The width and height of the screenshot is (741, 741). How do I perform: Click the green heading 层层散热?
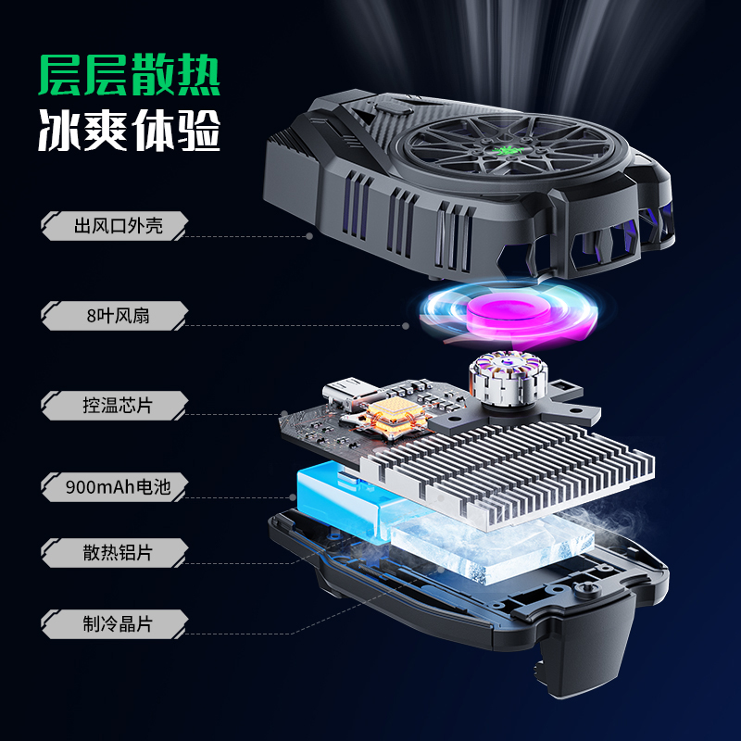(x=129, y=75)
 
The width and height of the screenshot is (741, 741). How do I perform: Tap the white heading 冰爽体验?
(x=129, y=131)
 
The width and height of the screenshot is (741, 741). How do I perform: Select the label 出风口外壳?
(x=119, y=226)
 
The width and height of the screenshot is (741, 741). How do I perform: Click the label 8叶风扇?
(x=119, y=316)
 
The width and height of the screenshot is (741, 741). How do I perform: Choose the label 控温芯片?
(x=118, y=406)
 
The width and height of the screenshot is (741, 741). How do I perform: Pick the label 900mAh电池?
(x=118, y=487)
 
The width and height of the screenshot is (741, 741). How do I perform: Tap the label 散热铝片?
(x=118, y=552)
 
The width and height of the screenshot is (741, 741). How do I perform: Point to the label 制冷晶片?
(x=118, y=623)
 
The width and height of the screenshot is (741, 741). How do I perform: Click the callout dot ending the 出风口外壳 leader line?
(x=309, y=236)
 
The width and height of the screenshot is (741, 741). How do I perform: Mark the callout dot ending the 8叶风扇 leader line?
(x=406, y=326)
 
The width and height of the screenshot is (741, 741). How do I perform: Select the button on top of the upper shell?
(x=394, y=107)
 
